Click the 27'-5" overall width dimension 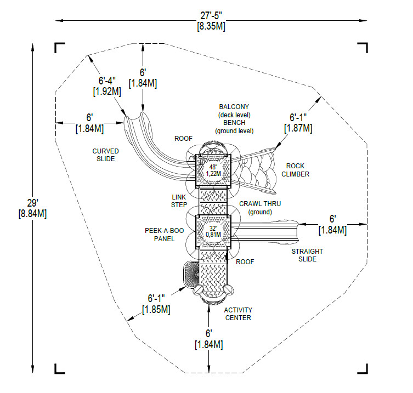tap(211, 16)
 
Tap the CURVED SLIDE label tap(105, 155)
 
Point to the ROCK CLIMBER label tap(296, 170)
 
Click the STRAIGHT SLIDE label tap(307, 255)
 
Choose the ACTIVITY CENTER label tap(237, 314)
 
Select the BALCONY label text tap(234, 107)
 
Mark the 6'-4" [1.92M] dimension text tap(107, 86)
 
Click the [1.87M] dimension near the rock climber tap(298, 128)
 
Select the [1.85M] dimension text tap(156, 310)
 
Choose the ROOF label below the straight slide tap(245, 261)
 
